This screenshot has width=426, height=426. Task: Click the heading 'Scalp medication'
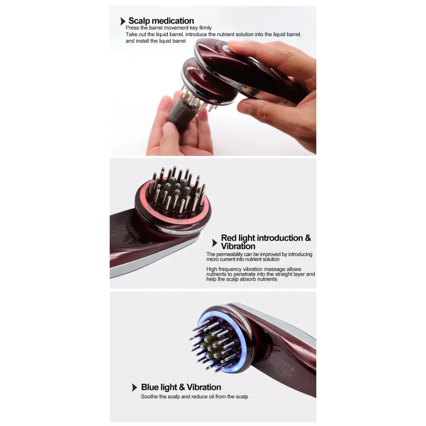161,21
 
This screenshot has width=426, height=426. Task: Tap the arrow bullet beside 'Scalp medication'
123,21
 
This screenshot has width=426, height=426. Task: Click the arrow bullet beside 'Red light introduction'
215,243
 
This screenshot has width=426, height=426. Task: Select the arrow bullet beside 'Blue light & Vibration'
134,388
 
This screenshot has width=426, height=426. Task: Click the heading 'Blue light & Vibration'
181,387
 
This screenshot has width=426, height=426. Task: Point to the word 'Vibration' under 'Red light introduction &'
238,246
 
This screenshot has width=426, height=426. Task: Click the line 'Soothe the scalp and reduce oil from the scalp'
194,397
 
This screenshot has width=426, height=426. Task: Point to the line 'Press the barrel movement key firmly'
168,28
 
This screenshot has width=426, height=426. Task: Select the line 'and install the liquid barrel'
155,41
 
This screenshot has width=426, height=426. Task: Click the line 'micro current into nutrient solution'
243,259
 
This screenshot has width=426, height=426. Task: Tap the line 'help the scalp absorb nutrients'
242,279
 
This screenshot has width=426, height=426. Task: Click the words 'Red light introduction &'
266,238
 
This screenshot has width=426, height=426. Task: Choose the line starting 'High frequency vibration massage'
254,269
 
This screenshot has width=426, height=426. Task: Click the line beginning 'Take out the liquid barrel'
214,35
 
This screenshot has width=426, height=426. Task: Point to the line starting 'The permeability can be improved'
259,255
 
